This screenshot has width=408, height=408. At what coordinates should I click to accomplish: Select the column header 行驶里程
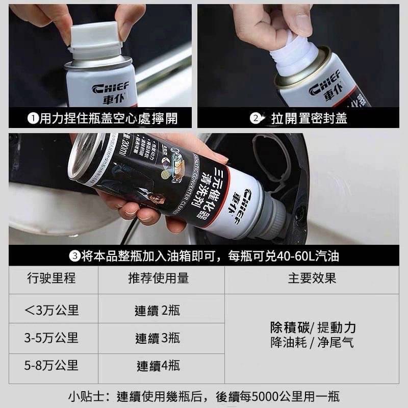tap(54, 278)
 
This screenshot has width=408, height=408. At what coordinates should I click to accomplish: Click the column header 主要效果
tap(312, 278)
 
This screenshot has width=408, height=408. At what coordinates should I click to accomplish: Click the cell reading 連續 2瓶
tap(158, 311)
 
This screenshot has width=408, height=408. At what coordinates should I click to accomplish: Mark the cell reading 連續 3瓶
tap(158, 338)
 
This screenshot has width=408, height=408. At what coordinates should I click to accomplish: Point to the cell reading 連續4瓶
tap(158, 366)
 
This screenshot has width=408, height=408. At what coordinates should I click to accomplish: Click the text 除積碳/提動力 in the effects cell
tap(312, 327)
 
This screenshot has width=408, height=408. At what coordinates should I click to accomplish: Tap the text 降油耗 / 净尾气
tap(312, 343)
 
